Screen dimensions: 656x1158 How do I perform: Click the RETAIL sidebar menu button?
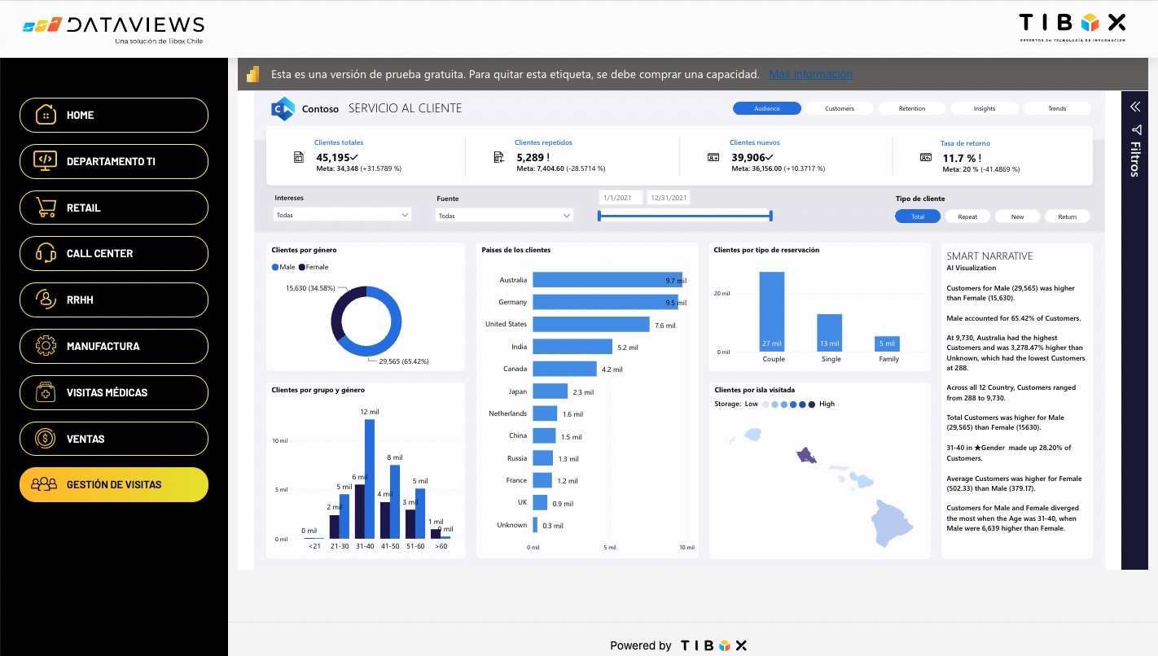coord(114,208)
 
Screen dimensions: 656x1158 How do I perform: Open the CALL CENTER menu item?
coord(114,253)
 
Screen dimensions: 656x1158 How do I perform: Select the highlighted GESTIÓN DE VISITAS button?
coord(114,484)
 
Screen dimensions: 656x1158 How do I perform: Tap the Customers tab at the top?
coord(840,108)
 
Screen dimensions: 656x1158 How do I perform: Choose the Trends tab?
coord(1056,108)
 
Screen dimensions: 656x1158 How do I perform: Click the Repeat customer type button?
coord(967,216)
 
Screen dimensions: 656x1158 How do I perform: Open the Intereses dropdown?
coord(342,215)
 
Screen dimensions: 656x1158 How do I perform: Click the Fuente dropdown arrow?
coord(568,216)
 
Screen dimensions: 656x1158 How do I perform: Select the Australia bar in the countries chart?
coord(607,280)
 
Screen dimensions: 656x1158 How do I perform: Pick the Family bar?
coord(887,343)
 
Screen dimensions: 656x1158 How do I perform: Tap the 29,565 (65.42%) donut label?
coord(403,361)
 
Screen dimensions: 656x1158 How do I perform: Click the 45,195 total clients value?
coord(337,157)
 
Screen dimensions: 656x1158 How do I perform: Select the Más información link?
coord(810,74)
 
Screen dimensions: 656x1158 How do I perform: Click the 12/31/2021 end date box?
coord(669,198)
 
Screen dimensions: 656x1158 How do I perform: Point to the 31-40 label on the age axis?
coord(364,546)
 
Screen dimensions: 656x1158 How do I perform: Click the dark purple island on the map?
coord(806,456)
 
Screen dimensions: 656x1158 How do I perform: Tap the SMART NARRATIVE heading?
coord(989,256)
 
